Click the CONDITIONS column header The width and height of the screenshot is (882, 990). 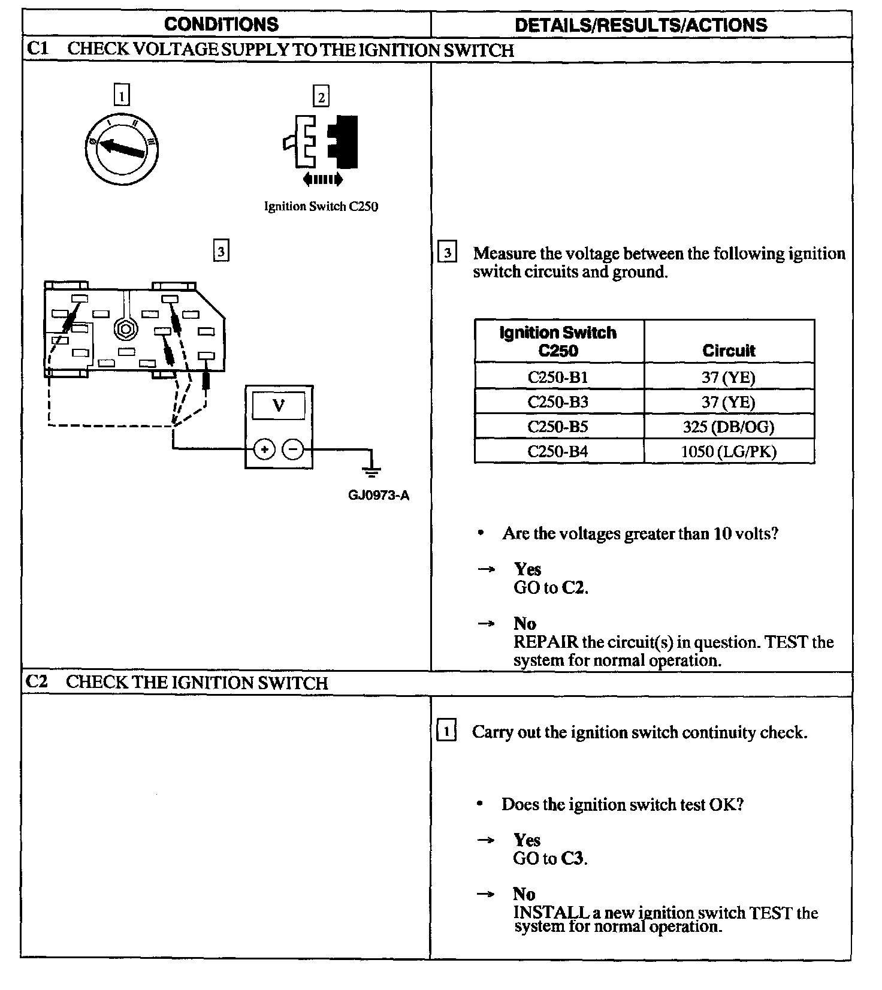tap(221, 25)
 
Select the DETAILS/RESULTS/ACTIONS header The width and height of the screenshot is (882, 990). tap(641, 25)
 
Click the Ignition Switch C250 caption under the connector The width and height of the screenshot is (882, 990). tap(321, 207)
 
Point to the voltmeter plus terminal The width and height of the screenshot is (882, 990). tap(264, 449)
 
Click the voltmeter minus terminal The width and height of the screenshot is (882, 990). tap(292, 449)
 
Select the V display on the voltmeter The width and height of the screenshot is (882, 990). tap(279, 406)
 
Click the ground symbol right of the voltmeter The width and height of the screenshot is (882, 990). tap(371, 471)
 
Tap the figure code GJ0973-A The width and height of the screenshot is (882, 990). tap(379, 496)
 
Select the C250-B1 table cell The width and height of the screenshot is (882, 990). tap(558, 378)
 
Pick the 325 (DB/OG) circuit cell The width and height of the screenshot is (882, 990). tap(729, 427)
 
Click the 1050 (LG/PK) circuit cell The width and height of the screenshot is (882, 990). tap(729, 451)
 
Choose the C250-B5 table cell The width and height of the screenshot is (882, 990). tap(558, 427)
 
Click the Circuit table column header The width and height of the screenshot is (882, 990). tap(729, 351)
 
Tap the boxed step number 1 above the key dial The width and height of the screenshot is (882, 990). tap(122, 95)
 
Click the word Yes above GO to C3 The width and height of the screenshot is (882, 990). tap(527, 840)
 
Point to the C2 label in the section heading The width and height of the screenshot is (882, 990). tap(37, 683)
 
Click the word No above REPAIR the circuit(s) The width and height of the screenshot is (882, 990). tap(525, 624)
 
